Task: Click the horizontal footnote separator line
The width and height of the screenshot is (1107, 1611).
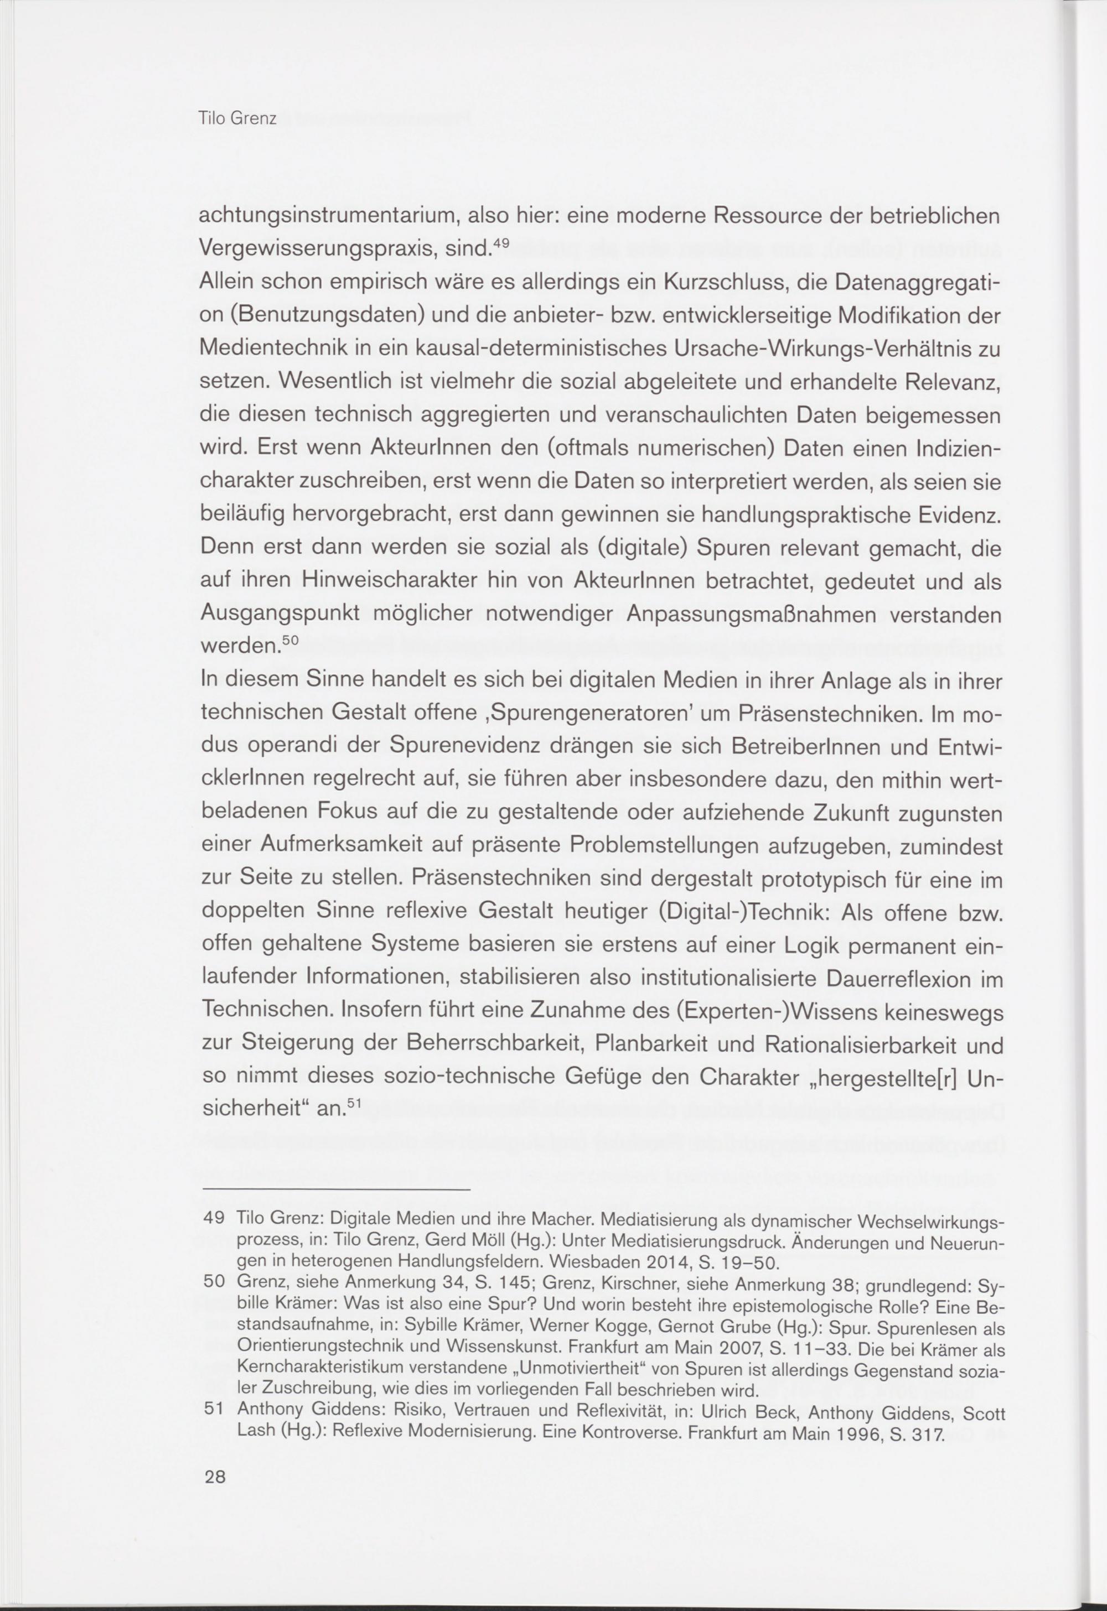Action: click(x=336, y=1190)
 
